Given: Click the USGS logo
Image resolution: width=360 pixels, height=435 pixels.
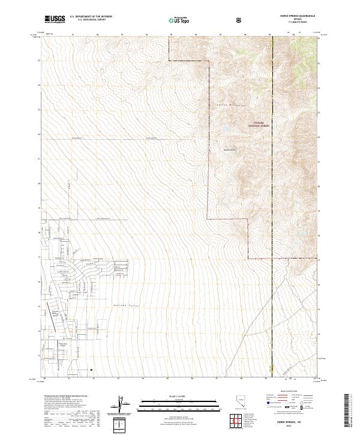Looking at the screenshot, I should [54, 20].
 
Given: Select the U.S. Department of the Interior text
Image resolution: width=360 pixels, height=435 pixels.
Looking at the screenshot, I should [91, 17].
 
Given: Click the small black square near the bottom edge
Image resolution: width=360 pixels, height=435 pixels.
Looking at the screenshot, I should [92, 370].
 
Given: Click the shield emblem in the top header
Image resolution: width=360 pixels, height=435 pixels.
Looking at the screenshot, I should [240, 20].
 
